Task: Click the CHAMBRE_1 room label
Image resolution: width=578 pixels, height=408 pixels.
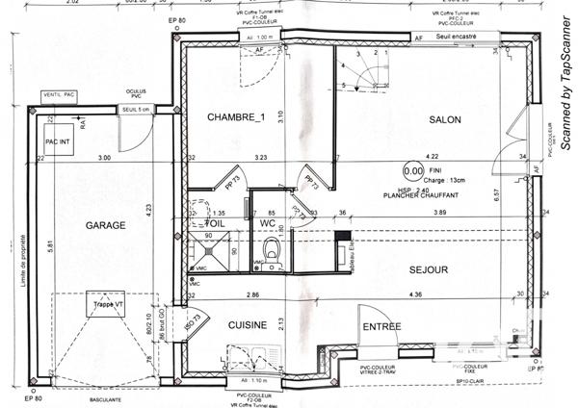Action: [x=235, y=117]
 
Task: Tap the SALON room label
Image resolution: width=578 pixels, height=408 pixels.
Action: [x=442, y=119]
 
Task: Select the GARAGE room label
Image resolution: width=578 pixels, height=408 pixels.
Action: [x=105, y=224]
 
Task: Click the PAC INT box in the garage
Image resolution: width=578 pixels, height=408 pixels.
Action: [x=58, y=141]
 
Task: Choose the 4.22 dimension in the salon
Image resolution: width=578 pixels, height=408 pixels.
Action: [x=432, y=156]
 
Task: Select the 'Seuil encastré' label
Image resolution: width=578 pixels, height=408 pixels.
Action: [x=457, y=38]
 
